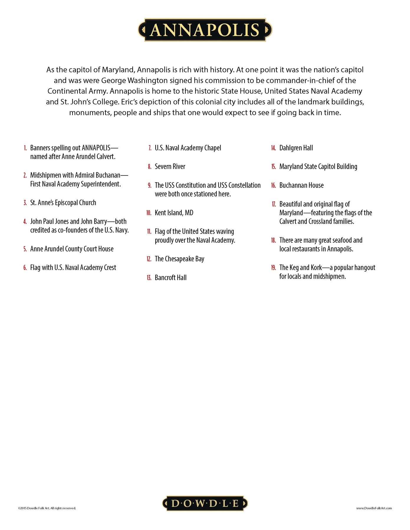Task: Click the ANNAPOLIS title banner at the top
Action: tap(205, 30)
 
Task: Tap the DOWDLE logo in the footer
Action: tap(205, 503)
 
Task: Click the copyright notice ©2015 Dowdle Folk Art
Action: tap(47, 508)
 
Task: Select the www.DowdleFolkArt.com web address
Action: tap(374, 508)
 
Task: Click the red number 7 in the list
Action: tap(150, 148)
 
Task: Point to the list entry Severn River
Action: tap(170, 167)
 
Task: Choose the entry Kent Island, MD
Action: tap(174, 213)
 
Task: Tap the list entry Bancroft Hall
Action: tap(170, 278)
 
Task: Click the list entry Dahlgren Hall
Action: tap(296, 148)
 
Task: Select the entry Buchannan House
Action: tap(301, 185)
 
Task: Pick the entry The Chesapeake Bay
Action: tap(179, 259)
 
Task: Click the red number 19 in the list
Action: tap(273, 268)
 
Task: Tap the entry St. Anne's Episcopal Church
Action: tap(63, 203)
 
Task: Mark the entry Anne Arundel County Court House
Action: tap(72, 249)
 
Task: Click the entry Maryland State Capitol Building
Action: tap(318, 167)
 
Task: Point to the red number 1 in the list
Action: tap(25, 148)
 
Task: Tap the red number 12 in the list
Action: tap(149, 259)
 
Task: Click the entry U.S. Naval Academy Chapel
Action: tap(188, 148)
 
